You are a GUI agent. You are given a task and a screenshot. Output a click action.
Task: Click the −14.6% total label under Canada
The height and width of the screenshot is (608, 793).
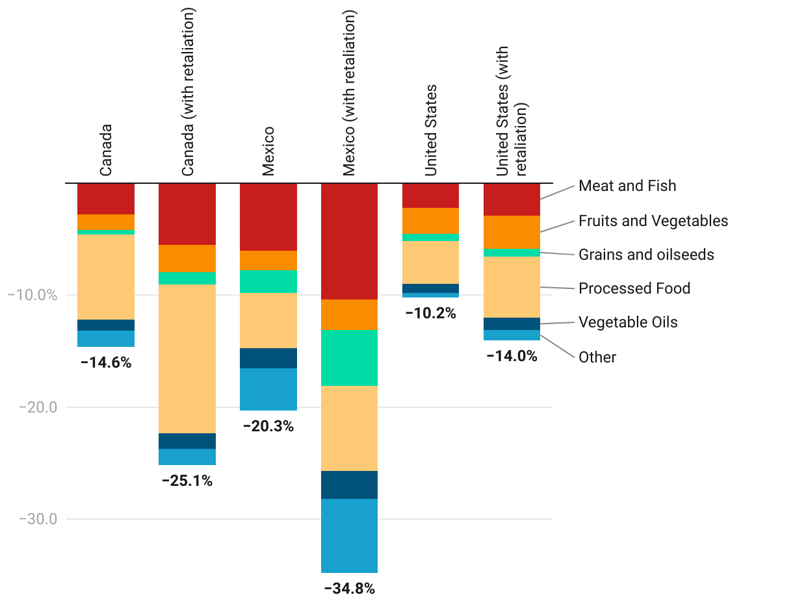[x=106, y=363]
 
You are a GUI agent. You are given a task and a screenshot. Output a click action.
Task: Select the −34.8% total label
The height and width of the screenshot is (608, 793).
[x=350, y=589]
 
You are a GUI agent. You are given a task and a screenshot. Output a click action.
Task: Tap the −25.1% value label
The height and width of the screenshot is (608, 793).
[x=187, y=481]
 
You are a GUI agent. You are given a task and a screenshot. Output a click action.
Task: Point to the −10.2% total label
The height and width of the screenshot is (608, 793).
[x=431, y=314]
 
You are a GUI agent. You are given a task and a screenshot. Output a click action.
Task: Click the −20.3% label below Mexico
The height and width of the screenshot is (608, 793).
[x=268, y=427]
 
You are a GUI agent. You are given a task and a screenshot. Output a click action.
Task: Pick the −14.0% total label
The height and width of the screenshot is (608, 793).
[x=512, y=356]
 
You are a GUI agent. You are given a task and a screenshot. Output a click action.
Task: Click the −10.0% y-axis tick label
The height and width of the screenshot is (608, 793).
[x=32, y=296]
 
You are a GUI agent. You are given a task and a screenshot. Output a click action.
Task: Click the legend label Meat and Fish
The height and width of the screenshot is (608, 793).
[x=627, y=186]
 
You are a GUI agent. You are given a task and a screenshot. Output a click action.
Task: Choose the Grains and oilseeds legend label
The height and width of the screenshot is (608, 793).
[x=646, y=255]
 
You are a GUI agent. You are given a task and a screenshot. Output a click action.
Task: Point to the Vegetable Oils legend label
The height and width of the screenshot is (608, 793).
[x=628, y=322]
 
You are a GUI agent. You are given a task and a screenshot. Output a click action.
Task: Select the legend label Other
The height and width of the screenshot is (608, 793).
[x=597, y=357]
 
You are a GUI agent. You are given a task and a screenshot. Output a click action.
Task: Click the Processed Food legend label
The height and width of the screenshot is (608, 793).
[x=634, y=288]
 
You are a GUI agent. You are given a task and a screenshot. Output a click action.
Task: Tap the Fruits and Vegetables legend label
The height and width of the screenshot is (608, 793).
[x=653, y=221]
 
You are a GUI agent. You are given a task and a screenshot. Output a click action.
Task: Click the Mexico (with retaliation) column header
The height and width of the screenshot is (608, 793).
[x=350, y=93]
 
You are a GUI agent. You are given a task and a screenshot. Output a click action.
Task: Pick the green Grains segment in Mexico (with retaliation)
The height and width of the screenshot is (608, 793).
[x=350, y=358]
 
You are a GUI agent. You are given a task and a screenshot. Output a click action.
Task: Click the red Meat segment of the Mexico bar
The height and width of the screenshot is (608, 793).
[x=268, y=217]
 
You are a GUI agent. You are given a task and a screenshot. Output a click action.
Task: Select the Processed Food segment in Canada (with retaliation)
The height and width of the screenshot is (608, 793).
[x=187, y=359]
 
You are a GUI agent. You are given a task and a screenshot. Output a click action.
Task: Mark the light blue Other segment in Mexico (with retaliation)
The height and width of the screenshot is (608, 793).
[x=350, y=535]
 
